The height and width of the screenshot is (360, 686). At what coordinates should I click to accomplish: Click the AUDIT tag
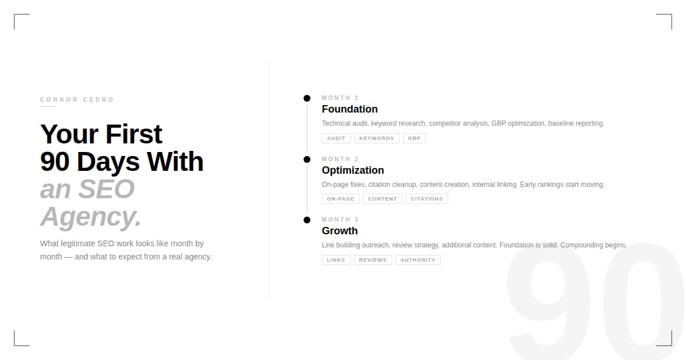pos(336,138)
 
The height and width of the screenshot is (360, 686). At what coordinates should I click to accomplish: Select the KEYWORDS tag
pos(377,138)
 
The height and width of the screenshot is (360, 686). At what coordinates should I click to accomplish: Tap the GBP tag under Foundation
pos(414,138)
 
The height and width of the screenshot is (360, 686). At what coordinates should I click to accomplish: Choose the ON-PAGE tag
pos(341,199)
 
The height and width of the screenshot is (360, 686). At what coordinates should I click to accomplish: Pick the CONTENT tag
pos(382,199)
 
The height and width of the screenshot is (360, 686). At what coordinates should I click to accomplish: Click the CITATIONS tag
pos(427,199)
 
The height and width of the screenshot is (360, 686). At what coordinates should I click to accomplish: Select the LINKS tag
pos(336,260)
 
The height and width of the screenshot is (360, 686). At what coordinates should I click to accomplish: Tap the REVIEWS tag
pos(373,260)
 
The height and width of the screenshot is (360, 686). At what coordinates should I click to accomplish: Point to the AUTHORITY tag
pos(418,260)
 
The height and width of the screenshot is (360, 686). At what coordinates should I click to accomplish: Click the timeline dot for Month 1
pos(307,98)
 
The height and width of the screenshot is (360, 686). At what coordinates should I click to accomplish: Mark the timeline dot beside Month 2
pos(307,159)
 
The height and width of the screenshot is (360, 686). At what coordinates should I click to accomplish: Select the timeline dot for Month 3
pos(307,220)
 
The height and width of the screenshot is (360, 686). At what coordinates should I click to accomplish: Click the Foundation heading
pos(350,109)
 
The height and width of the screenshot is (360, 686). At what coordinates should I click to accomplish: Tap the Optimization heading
pos(353,170)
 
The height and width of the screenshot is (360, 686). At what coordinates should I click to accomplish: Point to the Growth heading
pos(340,231)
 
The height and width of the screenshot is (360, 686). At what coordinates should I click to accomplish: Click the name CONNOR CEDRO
pos(77,99)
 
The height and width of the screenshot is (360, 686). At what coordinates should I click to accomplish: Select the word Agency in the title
pos(88,217)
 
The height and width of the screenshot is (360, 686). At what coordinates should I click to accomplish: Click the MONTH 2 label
pos(340,159)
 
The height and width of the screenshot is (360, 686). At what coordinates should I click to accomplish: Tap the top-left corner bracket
pos(14,14)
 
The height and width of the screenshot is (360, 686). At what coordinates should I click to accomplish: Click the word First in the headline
pos(134,134)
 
